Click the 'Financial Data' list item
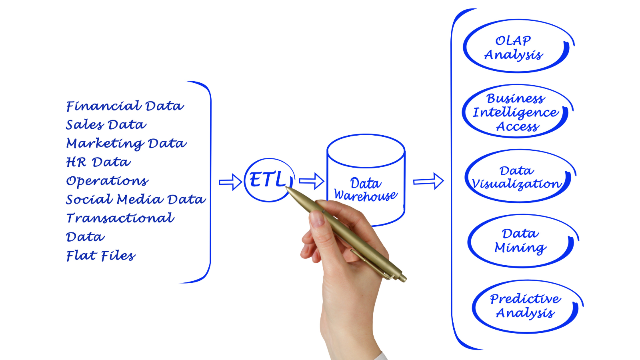125,106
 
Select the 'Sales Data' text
106,125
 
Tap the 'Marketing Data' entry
126,143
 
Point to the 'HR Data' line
98,162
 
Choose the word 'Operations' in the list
107,181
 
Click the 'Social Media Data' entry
136,199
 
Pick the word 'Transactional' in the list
120,218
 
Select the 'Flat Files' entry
101,256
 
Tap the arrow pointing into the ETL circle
230,182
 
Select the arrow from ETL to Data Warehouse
312,181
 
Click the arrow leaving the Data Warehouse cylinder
428,181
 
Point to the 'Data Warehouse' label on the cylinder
366,189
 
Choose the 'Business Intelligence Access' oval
515,112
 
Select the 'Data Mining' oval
520,241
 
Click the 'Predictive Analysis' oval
525,306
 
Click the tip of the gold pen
286,187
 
